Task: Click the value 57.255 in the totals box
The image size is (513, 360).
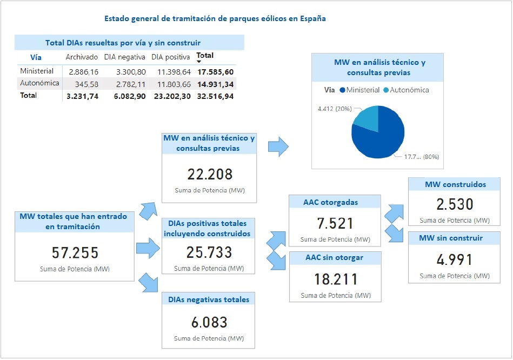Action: (x=75, y=252)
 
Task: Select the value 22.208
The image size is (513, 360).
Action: (x=210, y=174)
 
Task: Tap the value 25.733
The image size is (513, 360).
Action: (x=209, y=252)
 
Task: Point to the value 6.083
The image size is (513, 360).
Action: (x=209, y=323)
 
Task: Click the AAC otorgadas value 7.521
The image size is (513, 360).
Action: (x=335, y=223)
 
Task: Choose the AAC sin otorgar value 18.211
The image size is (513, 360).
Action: (x=335, y=279)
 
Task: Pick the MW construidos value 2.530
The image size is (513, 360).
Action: (x=455, y=204)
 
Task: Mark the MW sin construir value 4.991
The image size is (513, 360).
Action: (x=455, y=259)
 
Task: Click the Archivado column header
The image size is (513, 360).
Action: (x=82, y=57)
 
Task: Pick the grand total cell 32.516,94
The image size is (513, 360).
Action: (x=215, y=96)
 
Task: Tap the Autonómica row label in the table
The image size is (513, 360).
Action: (x=39, y=83)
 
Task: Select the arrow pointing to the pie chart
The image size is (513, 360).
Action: (x=278, y=147)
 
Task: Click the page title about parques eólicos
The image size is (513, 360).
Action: (x=215, y=18)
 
